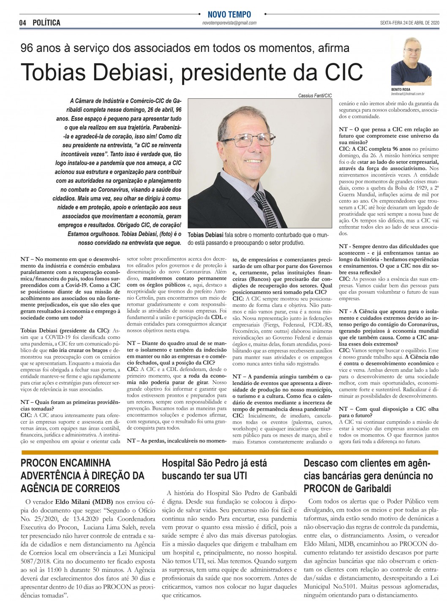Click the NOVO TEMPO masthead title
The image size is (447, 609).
click(229, 14)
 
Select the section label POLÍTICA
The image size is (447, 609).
click(46, 23)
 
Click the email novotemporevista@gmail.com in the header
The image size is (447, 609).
click(229, 23)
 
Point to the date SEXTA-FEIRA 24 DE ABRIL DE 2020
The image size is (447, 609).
click(409, 23)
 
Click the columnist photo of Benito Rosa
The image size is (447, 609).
click(408, 62)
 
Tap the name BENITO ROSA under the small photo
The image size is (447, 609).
click(401, 90)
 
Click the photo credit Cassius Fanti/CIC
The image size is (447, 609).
click(315, 96)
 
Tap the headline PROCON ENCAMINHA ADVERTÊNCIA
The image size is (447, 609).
click(82, 476)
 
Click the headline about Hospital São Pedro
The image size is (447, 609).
click(214, 469)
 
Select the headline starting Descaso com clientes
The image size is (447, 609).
click(368, 476)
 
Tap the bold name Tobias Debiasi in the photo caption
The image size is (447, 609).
click(205, 235)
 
